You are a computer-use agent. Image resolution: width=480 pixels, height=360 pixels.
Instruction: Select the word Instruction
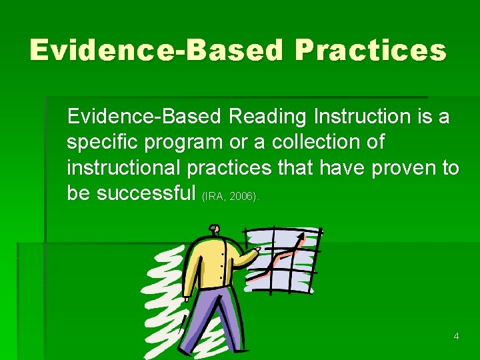[359, 117]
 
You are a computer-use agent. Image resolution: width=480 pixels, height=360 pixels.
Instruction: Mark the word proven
[404, 168]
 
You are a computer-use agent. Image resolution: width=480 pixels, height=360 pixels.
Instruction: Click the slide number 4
[456, 336]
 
